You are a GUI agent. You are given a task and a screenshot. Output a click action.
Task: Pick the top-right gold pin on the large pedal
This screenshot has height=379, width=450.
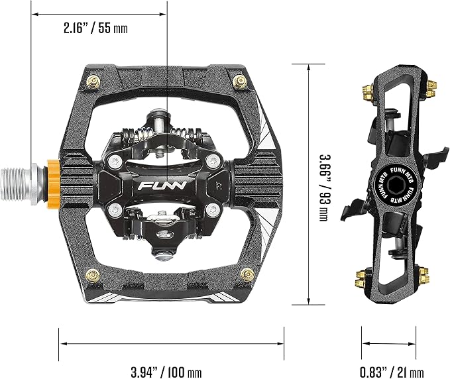(241, 81)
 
